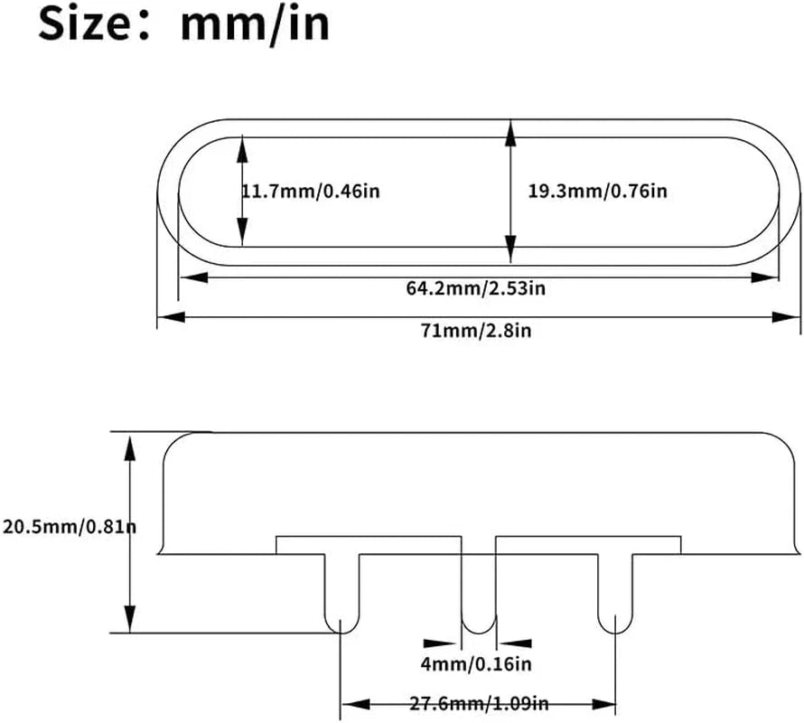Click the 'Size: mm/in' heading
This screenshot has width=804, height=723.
pos(183,23)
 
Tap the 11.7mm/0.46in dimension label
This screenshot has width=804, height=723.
pos(311,192)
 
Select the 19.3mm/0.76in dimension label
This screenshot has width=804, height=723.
pos(598,192)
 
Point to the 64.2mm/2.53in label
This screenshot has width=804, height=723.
pos(476,288)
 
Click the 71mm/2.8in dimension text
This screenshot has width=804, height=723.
pos(476,331)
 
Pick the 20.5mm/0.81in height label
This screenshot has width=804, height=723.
pos(70,527)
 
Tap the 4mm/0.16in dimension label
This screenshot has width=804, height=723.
pos(476,664)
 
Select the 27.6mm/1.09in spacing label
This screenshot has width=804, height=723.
pos(479,703)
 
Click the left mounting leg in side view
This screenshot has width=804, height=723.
pos(342,594)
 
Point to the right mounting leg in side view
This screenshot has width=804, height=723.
pos(615,594)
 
